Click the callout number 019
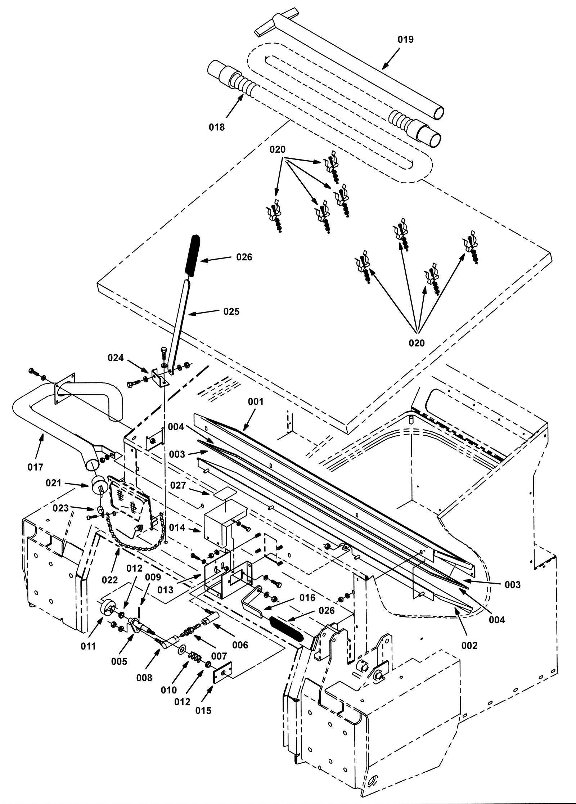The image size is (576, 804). pyautogui.click(x=405, y=40)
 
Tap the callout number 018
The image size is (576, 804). pyautogui.click(x=217, y=127)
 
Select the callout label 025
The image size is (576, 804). pyautogui.click(x=231, y=311)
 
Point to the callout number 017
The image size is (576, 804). pyautogui.click(x=35, y=467)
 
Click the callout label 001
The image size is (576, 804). pyautogui.click(x=256, y=401)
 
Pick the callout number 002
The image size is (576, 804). pyautogui.click(x=469, y=646)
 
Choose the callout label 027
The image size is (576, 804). pyautogui.click(x=178, y=485)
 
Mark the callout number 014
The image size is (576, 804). pyautogui.click(x=177, y=528)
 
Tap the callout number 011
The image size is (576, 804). pyautogui.click(x=88, y=646)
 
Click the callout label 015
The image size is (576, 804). pyautogui.click(x=203, y=710)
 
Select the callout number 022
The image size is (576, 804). pyautogui.click(x=110, y=580)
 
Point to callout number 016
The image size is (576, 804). pyautogui.click(x=307, y=598)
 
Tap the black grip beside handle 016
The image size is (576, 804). pyautogui.click(x=286, y=627)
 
